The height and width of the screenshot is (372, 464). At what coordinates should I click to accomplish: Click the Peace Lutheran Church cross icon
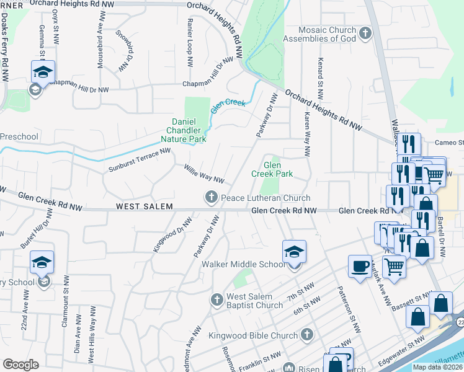tap(211, 198)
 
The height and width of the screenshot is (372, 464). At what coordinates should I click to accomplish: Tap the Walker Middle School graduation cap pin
tap(294, 251)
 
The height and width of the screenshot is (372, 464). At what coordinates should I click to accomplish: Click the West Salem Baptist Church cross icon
tap(217, 300)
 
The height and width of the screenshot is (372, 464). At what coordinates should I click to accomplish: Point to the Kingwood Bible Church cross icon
tap(306, 335)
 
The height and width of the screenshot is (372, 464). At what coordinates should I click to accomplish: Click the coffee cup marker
tap(360, 266)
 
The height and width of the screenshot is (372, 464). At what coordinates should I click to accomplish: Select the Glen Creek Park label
tap(272, 170)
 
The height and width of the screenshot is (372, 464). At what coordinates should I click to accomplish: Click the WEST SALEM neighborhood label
tap(143, 206)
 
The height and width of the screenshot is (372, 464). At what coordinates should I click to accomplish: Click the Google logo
tap(20, 365)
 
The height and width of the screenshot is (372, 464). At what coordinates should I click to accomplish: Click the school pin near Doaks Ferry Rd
tap(43, 72)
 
